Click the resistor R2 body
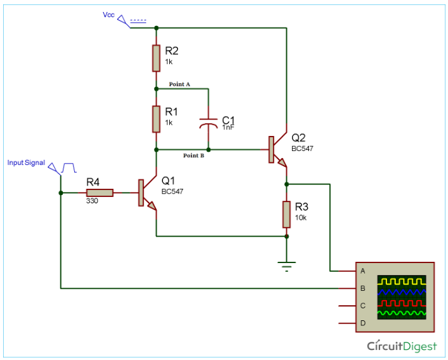(x=156, y=58)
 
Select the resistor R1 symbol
(x=156, y=119)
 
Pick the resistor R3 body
(x=287, y=215)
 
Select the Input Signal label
(x=26, y=162)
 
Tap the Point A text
(x=179, y=84)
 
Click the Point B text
(x=193, y=155)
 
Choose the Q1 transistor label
(x=169, y=181)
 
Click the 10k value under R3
(x=300, y=218)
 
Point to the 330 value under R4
(x=92, y=201)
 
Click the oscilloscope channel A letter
(x=362, y=271)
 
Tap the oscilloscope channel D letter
(x=362, y=323)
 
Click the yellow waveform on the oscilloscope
(x=401, y=280)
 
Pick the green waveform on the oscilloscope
(x=401, y=312)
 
